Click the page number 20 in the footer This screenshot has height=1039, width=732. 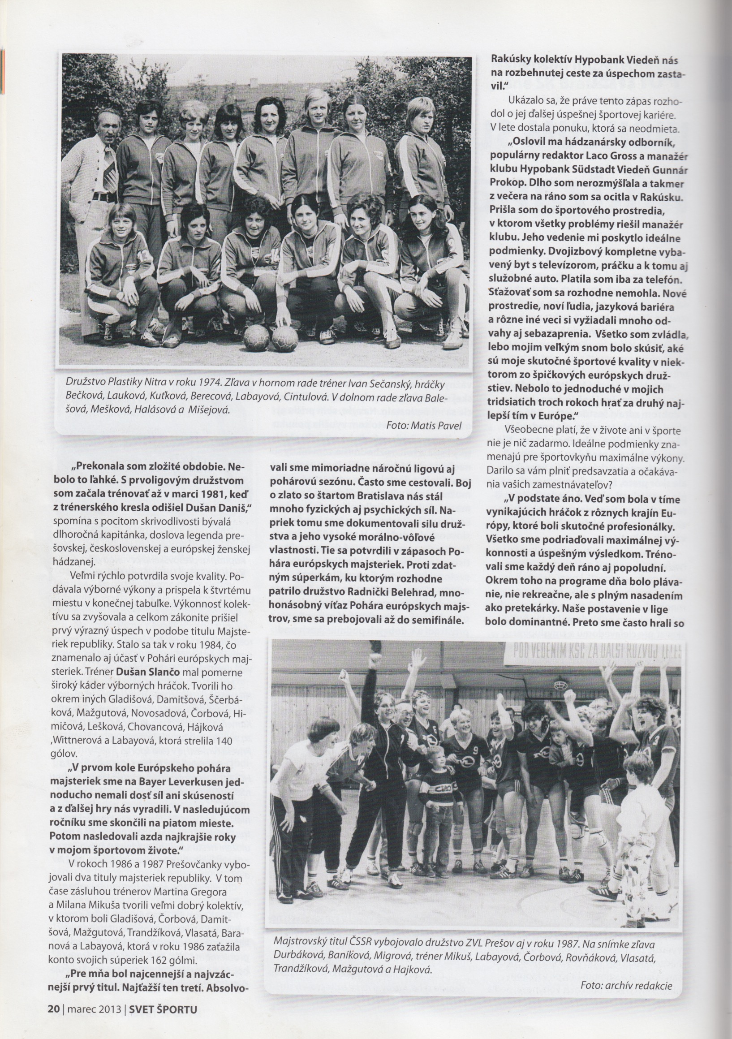tap(53, 1022)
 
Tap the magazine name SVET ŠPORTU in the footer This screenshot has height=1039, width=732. tap(164, 1022)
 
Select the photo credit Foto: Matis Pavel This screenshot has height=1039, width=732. tap(424, 425)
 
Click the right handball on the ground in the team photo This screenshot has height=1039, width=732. tap(285, 338)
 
